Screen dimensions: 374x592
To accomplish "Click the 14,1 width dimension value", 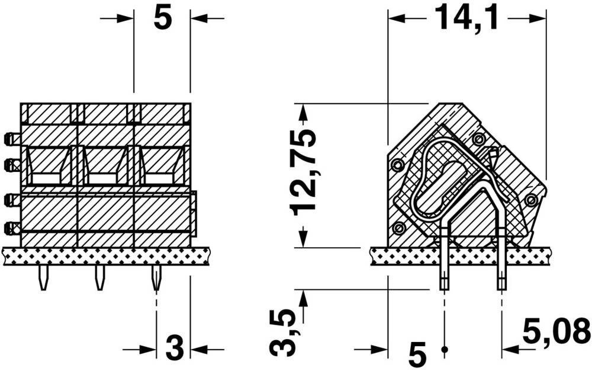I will tap(466, 18).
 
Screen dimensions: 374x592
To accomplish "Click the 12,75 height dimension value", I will tap(303, 171).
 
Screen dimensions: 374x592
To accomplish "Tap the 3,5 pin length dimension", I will tap(284, 333).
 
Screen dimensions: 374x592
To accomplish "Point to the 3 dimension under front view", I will tap(174, 349).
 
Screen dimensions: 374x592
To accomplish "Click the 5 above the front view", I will tap(162, 18).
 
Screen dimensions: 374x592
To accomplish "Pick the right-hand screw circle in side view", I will tap(531, 200).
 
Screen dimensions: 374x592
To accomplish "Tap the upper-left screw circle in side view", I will tap(397, 164).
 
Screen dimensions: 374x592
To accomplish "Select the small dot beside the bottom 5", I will tap(445, 350).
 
